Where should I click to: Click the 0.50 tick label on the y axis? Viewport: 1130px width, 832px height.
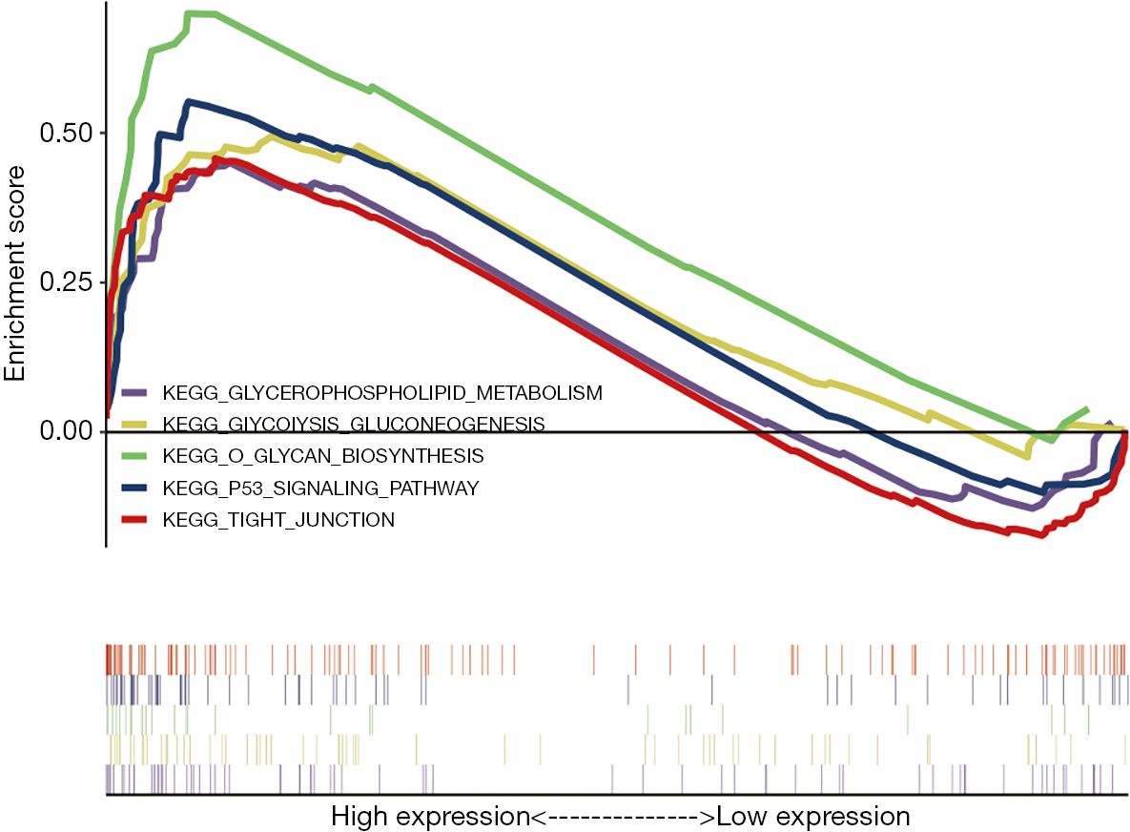[67, 134]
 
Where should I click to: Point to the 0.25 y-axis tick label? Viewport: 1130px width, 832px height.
[67, 281]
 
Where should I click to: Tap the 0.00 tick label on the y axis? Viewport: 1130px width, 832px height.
[67, 431]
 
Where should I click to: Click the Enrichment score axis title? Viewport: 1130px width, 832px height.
[14, 273]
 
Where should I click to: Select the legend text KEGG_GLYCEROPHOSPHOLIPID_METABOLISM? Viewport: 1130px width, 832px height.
[382, 393]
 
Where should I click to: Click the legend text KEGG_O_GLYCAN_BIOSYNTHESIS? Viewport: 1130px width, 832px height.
[323, 456]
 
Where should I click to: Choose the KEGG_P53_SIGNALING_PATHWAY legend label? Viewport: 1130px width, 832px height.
[320, 489]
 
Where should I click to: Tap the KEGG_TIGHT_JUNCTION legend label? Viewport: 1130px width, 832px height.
[278, 520]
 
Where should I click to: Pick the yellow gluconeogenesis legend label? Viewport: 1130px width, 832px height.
[354, 424]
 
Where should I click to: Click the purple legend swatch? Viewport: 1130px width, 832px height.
[134, 393]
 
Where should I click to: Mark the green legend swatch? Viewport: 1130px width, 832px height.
[134, 456]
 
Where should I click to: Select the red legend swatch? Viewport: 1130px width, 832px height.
[134, 519]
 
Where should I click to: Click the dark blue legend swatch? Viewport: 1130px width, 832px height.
[134, 488]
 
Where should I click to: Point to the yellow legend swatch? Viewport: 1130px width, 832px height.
[134, 425]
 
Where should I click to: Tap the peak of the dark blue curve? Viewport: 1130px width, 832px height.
[189, 103]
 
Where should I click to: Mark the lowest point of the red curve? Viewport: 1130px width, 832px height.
[1041, 534]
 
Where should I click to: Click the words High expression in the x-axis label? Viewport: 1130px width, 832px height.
[430, 817]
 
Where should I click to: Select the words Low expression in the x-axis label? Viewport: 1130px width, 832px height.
[812, 816]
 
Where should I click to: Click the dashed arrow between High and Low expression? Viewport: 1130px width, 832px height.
[624, 818]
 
